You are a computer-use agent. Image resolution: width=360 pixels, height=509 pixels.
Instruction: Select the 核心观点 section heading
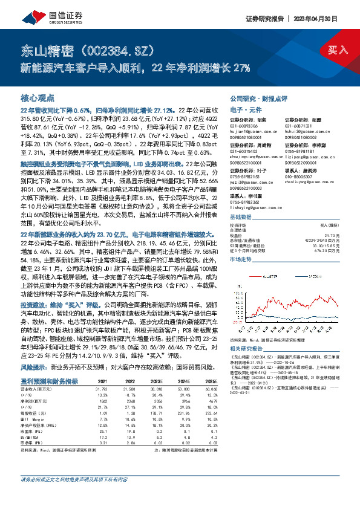tap(38, 97)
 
